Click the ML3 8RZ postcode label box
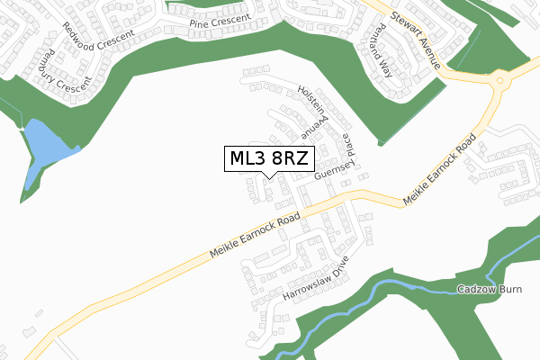pos(268,158)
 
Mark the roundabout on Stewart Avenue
pos(500,80)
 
